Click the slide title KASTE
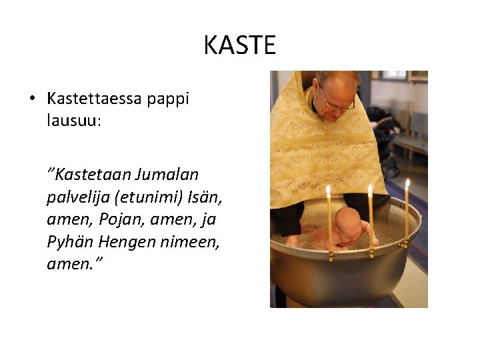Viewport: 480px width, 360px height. coord(239,45)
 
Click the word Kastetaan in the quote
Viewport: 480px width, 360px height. coord(93,175)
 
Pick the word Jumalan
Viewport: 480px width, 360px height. coord(167,175)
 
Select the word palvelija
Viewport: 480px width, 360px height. coord(78,197)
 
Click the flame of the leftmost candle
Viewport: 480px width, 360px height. coord(328,191)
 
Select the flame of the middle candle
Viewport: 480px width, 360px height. coord(371,190)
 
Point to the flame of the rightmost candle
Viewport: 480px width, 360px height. coord(407,183)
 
